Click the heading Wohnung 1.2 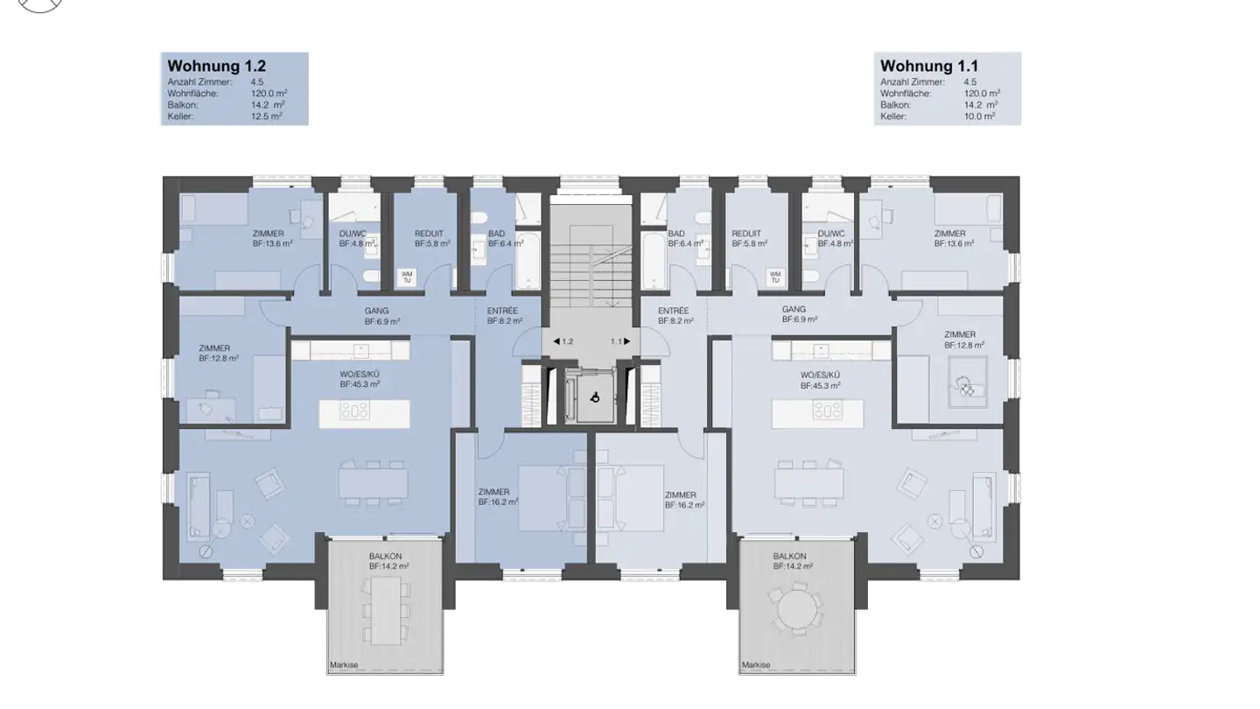click(217, 66)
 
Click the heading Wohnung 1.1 click(929, 66)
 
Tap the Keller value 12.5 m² click(267, 116)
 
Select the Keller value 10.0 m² click(980, 116)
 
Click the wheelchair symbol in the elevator click(595, 397)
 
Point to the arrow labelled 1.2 click(556, 341)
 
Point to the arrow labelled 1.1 click(627, 341)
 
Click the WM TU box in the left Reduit click(407, 277)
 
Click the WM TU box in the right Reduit click(775, 277)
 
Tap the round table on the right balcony click(797, 609)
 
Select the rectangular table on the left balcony click(386, 611)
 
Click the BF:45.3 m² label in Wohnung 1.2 click(360, 384)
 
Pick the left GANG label click(376, 311)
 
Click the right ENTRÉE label click(674, 311)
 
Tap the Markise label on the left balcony click(344, 664)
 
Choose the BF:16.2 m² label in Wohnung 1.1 click(685, 505)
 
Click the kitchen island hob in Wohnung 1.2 click(355, 411)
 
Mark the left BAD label click(497, 234)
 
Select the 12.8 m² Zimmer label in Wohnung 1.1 click(964, 345)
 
